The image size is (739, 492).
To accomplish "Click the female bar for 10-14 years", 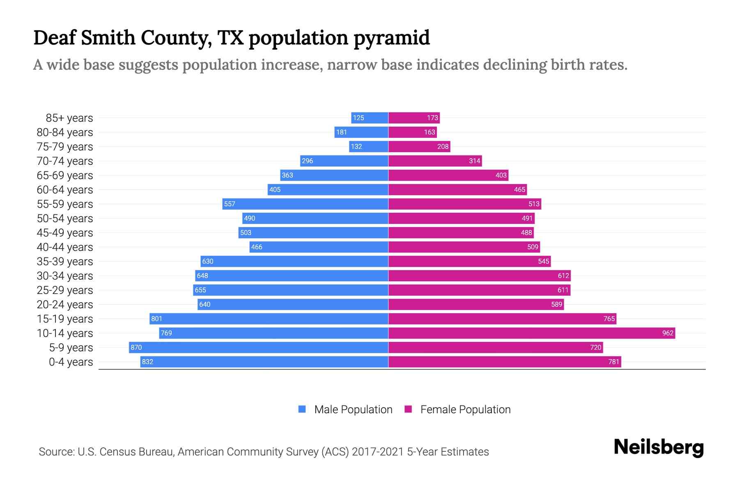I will coord(532,333).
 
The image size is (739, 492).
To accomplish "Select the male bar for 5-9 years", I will coord(259,347).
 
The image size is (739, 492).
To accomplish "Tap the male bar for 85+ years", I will coord(369,118).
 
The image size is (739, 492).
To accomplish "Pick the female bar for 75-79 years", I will coord(419,146).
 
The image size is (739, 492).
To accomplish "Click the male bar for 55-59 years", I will coord(305,204).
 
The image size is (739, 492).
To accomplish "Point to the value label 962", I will coord(668,333).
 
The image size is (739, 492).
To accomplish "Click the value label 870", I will coord(136,347).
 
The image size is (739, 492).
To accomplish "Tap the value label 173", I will coord(432,118).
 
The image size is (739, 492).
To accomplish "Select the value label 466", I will coord(257,247).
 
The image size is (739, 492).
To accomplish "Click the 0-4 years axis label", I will coord(71,362).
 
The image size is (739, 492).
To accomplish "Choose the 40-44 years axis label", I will coord(65,247).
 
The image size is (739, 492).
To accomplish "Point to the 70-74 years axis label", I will coord(65,161).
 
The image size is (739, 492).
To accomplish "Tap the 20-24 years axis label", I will coord(65,305).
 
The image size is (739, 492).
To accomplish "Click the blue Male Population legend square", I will coord(302,409).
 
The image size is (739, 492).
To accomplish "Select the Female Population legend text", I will coord(465,409).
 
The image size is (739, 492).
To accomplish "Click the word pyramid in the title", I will coord(391,38).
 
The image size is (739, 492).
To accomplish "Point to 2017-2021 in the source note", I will coord(377,452).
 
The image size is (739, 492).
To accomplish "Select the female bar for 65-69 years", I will coord(448,175).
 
